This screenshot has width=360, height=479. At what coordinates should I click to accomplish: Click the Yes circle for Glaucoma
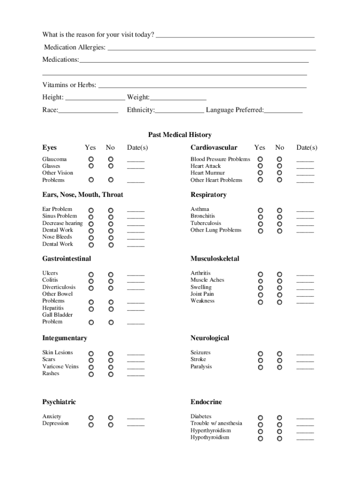91,160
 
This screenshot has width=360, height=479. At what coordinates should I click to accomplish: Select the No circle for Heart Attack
280,166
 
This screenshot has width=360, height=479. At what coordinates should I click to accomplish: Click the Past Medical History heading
180,135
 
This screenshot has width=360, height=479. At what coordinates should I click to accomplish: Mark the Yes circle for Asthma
260,210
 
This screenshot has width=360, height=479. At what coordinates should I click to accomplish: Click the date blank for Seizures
305,354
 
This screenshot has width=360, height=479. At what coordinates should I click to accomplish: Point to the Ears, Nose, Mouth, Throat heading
82,195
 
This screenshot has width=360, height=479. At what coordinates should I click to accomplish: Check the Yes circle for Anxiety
91,418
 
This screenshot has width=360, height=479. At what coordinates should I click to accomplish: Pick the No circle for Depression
111,425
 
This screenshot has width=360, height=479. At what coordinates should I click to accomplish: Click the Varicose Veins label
60,366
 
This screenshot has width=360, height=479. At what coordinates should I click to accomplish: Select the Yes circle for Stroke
260,361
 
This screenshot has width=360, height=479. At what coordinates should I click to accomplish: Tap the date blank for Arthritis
305,275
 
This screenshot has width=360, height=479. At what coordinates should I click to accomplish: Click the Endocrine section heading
206,402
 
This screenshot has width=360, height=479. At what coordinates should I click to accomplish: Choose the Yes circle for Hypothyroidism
260,438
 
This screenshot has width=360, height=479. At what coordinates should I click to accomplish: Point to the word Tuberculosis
206,223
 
